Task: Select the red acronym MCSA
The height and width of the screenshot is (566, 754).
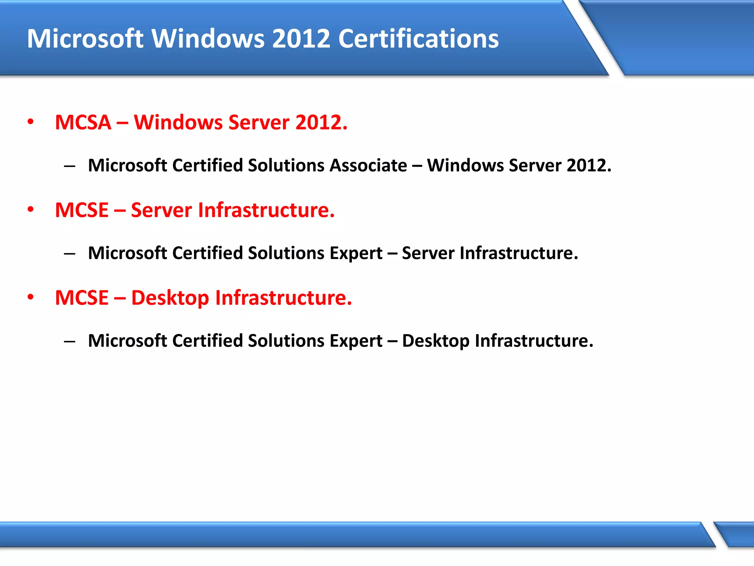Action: click(83, 122)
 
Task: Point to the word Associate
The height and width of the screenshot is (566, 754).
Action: click(368, 165)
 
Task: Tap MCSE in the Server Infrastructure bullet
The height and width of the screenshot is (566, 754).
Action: click(82, 210)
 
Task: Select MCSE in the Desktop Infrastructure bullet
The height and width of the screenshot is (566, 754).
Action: click(82, 298)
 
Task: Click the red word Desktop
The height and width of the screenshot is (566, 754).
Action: click(170, 298)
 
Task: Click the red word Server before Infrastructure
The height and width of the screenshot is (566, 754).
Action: click(161, 210)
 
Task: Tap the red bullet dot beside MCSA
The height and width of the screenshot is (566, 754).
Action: click(31, 122)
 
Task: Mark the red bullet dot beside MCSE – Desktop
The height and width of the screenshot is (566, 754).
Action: click(31, 297)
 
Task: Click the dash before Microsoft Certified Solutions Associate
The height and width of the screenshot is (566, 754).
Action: click(69, 167)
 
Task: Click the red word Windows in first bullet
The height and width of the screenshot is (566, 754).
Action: click(178, 122)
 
